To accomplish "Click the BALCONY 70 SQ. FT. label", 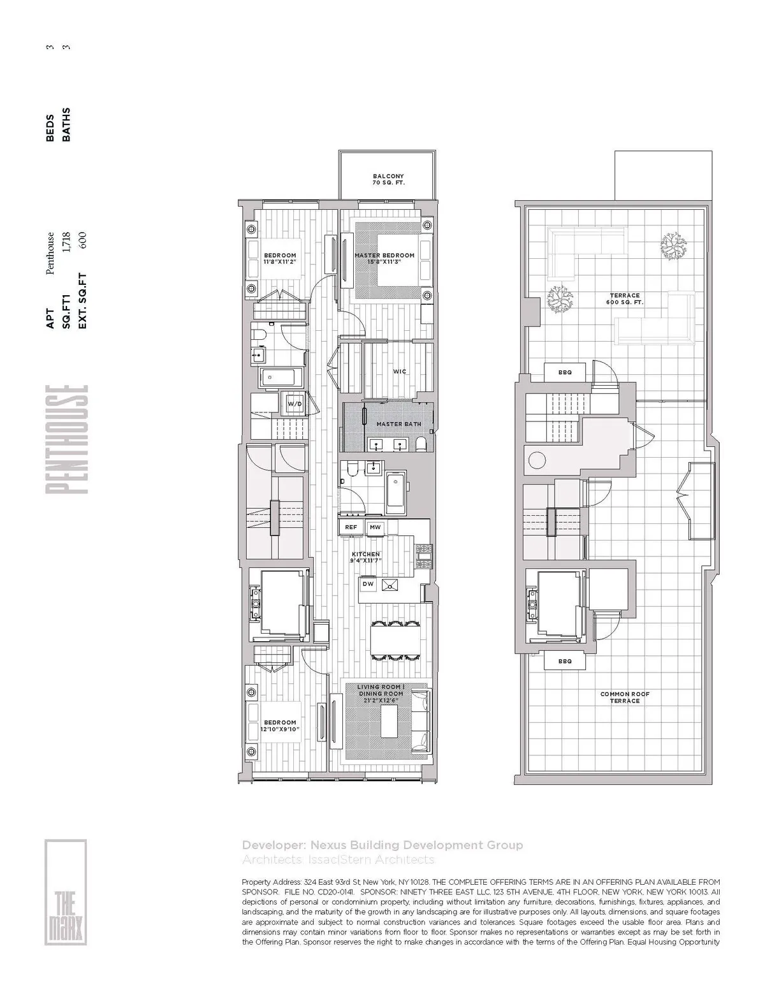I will coord(388,179).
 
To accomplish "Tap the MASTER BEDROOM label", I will coord(384,258).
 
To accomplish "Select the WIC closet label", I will coord(400,372).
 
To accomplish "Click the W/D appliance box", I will coord(295,404).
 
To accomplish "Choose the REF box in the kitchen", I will coord(351,527).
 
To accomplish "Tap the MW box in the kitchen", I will coord(375,527).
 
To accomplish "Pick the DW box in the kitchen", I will coord(368,584).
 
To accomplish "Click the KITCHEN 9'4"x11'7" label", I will coord(365,558).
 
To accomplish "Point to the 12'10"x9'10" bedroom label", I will coord(280,726).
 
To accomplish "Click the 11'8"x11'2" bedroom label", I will coord(280,258).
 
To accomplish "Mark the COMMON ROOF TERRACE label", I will coord(624,697).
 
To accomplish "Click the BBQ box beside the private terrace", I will coord(564,372).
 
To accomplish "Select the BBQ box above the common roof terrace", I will coord(564,662).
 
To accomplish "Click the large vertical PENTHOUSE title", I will coord(66,440).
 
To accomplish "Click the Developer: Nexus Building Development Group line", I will coord(382,845).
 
